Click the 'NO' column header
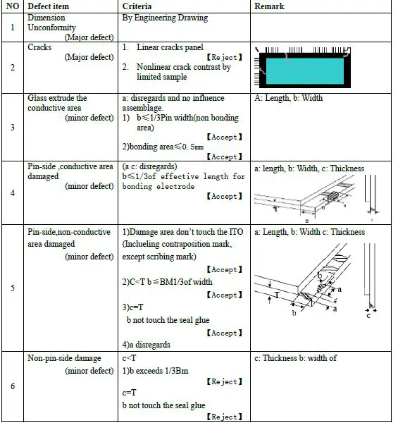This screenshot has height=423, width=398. pos(12,6)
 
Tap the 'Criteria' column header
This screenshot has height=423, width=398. pos(137,6)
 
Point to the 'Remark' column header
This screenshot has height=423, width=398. pos(269,6)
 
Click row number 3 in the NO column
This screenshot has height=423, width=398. pos(12,127)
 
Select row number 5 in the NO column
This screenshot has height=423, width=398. pos(12,288)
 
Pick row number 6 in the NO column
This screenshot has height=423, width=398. pos(12,386)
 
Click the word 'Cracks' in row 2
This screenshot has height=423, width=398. pos(39,47)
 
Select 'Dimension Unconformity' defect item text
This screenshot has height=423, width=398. pos(51,22)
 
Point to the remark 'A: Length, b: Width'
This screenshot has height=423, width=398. pos(288,98)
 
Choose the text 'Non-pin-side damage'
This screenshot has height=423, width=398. pos(64,358)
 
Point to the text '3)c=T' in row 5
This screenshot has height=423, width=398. pos(136,308)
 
